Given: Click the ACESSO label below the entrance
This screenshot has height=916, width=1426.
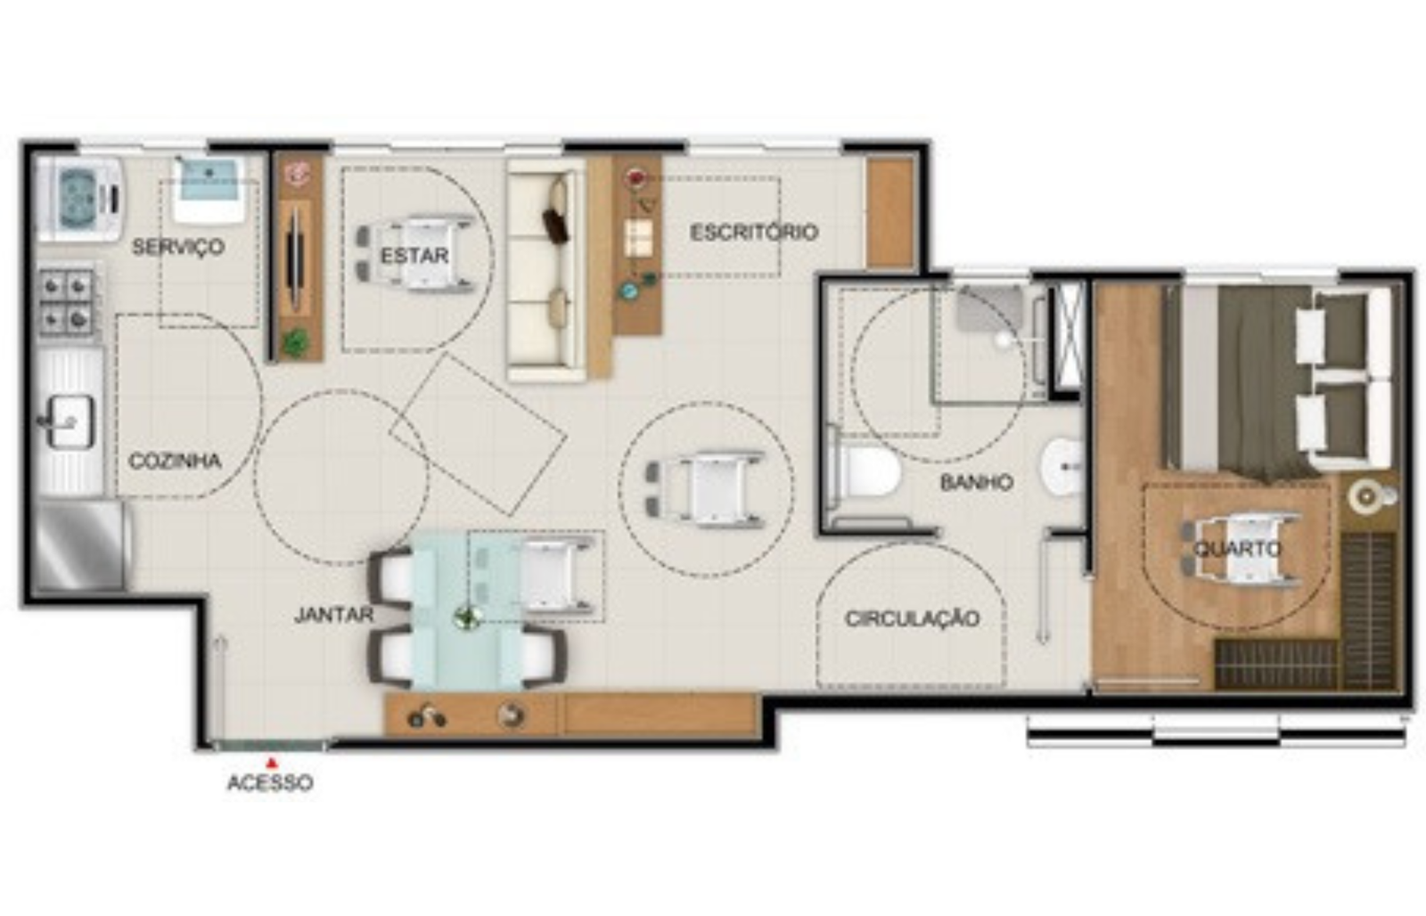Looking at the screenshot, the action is point(270,783).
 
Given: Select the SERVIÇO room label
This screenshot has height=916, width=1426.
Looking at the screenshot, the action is point(178,246).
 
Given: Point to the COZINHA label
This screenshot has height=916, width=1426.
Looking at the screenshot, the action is point(175,461).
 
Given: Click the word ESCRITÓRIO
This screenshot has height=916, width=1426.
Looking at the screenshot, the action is point(754,233).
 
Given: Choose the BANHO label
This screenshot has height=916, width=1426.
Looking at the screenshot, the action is point(977,483).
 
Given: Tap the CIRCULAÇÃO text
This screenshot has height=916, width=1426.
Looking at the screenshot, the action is point(913,618).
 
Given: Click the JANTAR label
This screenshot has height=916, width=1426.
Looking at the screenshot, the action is point(333,615).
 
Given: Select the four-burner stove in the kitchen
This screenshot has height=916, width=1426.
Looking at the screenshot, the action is point(68,303).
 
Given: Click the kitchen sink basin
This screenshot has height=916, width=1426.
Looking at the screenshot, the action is point(70,420).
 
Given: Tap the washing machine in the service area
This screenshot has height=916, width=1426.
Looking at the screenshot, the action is point(79,199).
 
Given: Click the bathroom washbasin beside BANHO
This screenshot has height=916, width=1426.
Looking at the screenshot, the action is point(1062,467).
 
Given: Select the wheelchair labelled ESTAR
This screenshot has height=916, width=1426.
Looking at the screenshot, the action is point(415,254).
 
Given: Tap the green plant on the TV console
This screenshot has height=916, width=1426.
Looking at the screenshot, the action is point(295,342).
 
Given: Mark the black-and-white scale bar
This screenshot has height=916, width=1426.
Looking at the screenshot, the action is point(1217,730).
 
